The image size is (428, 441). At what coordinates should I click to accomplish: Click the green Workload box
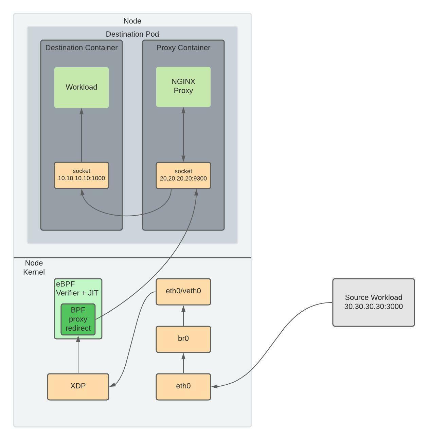coord(81,87)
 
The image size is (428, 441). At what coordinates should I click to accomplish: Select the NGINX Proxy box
coord(183,87)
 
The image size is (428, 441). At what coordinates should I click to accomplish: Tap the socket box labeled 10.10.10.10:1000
coord(81,175)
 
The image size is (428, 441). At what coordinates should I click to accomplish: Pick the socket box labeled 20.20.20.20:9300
coord(183,175)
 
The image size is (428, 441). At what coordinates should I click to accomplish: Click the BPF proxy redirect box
coord(78,319)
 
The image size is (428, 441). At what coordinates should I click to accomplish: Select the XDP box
coord(78,386)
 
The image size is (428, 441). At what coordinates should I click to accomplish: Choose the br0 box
coord(183,339)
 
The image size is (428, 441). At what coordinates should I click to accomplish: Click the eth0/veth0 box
coord(183,291)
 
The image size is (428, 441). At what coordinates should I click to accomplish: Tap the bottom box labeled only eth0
coord(183,386)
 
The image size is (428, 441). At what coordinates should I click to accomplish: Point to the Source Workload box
coord(373,302)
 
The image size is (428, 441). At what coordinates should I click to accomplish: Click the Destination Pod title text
coord(132,34)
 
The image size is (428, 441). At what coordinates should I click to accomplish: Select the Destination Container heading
coord(81,48)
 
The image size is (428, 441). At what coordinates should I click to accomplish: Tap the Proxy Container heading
coord(183,48)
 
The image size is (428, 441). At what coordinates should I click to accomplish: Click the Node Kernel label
coord(34,268)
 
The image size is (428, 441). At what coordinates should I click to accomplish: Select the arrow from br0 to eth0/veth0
coord(183,316)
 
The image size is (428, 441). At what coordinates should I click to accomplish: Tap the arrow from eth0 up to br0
coord(183,363)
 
